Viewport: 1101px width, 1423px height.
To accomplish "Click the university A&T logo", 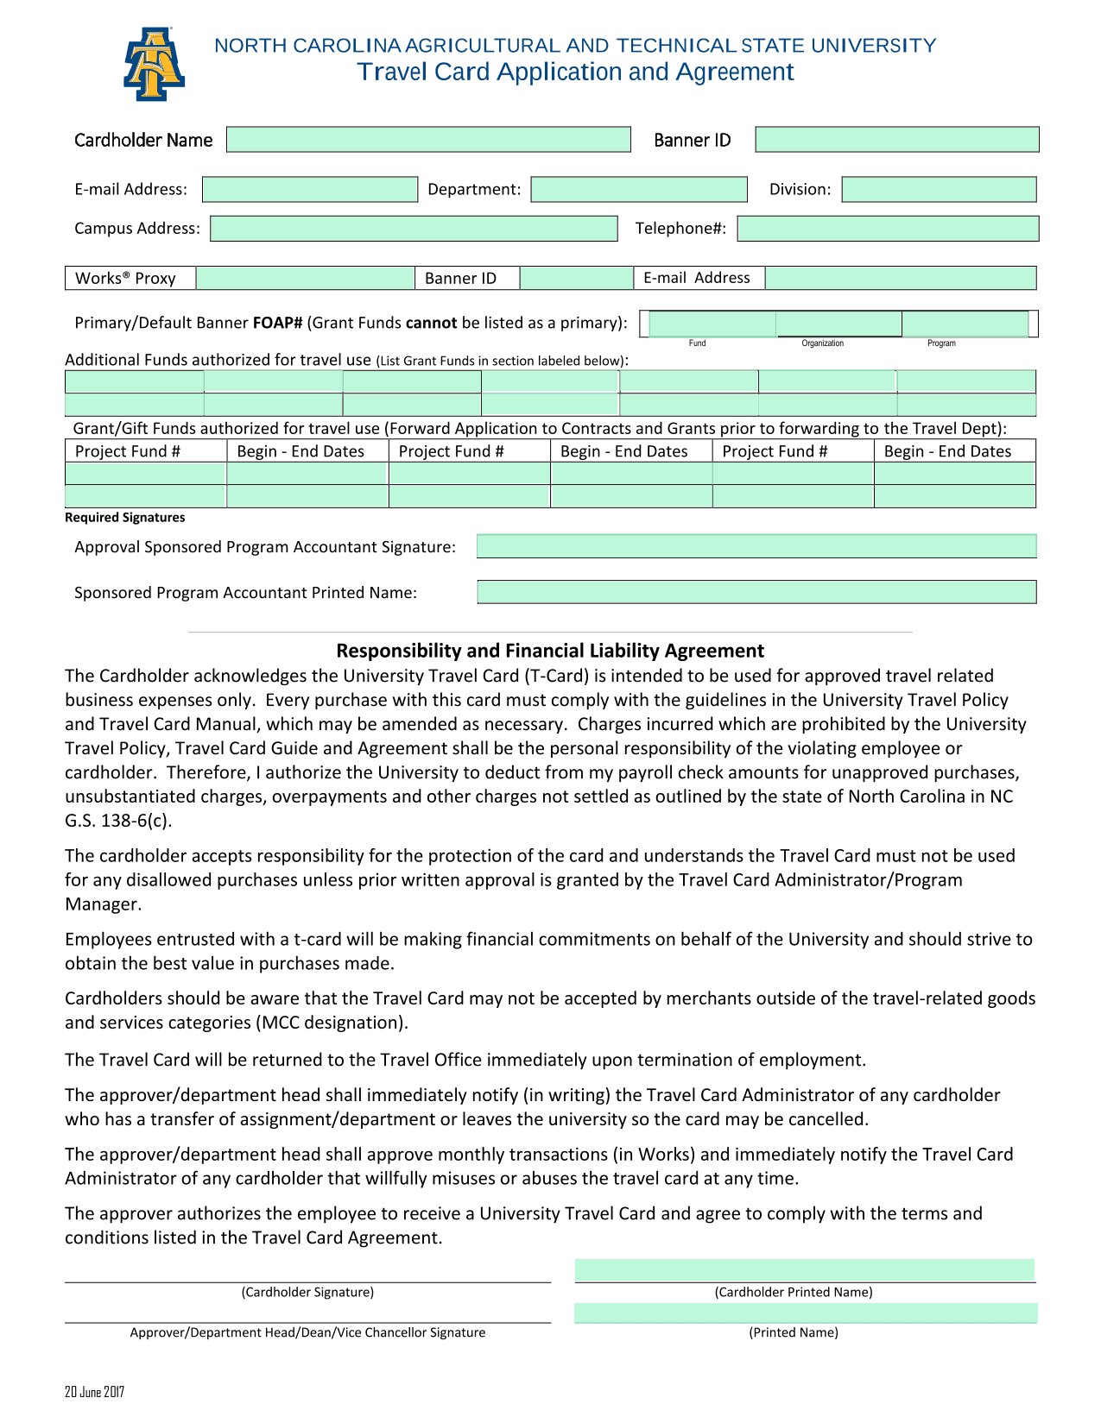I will coord(154,65).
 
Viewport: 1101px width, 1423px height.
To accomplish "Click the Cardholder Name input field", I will coord(428,140).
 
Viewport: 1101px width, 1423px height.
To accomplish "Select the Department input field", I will coord(638,190).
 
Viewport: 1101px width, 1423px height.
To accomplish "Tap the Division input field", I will coord(939,190).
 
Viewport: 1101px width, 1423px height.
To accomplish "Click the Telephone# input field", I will coord(888,229).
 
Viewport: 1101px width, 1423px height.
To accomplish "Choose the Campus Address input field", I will coord(414,229).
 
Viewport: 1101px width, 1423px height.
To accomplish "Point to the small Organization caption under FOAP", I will coord(822,343).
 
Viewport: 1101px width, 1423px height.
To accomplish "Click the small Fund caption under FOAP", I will coord(697,343).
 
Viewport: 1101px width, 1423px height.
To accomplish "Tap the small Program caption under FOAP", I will coord(941,343).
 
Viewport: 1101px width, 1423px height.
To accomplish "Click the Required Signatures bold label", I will coord(125,518).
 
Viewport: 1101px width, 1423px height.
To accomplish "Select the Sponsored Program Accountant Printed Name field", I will coord(756,592).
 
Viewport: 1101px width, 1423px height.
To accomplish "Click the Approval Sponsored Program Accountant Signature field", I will coord(756,546).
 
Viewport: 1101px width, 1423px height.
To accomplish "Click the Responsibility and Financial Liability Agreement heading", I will coord(550,651).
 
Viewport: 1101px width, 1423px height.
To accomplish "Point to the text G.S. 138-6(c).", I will coord(118,821).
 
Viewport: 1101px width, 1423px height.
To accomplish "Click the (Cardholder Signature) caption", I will coord(307,1292).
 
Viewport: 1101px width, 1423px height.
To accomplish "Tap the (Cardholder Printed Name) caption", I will coord(794,1292).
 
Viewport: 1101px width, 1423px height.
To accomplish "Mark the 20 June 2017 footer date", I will coord(94,1392).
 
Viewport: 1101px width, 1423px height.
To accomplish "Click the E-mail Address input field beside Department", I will coord(309,190).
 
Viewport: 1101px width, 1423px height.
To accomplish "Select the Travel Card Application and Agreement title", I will coord(575,72).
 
